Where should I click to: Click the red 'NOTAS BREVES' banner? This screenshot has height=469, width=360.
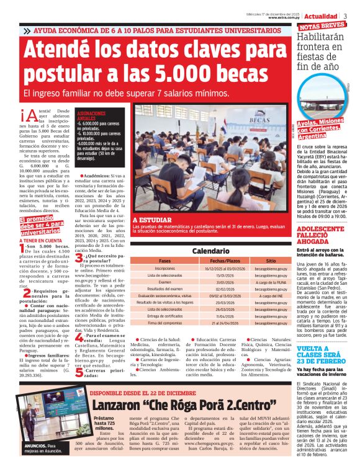322,25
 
